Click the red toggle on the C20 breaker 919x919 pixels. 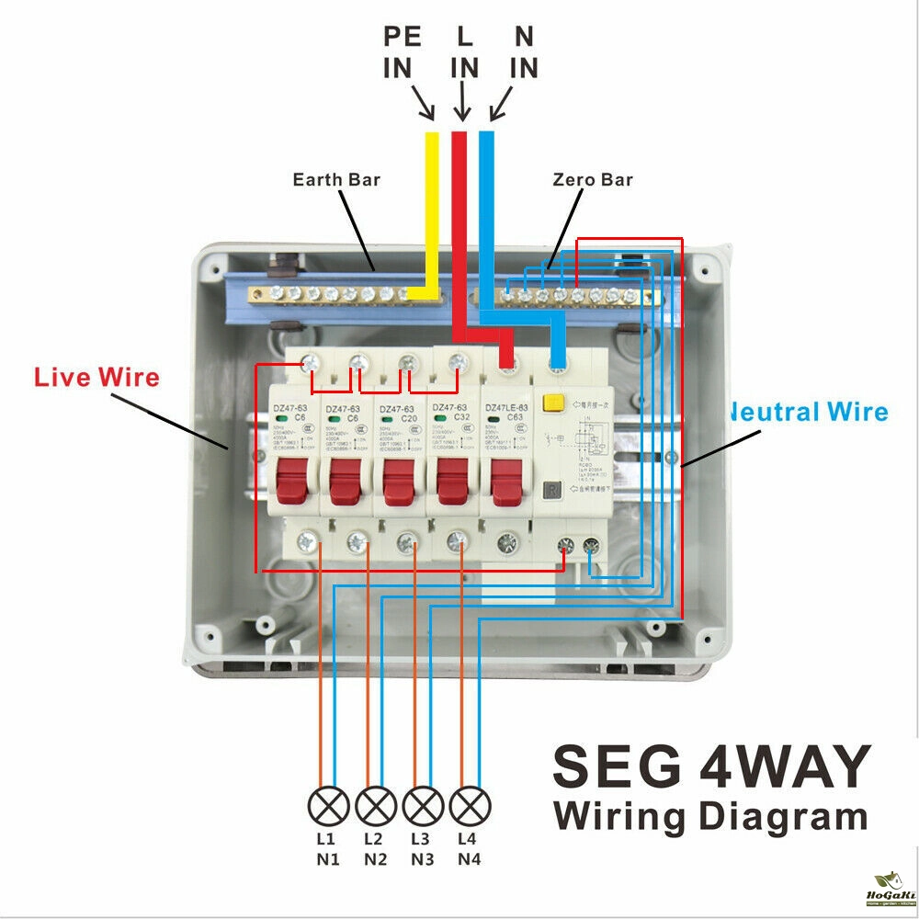pyautogui.click(x=399, y=481)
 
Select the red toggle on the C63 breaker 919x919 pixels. pyautogui.click(x=506, y=481)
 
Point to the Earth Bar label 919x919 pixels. pyautogui.click(x=336, y=179)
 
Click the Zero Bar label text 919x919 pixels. pyautogui.click(x=593, y=179)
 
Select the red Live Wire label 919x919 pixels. pyautogui.click(x=96, y=377)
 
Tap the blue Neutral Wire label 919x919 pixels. pyautogui.click(x=809, y=412)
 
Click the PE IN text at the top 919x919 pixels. pyautogui.click(x=402, y=52)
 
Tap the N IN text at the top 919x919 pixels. pyautogui.click(x=523, y=52)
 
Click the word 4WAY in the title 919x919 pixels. pyautogui.click(x=785, y=765)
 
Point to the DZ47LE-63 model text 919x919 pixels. pyautogui.click(x=506, y=407)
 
